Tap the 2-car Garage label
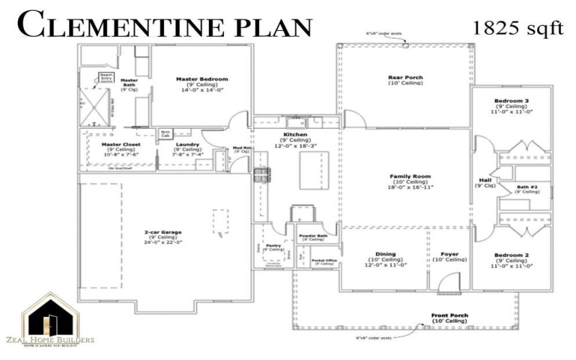[162, 232]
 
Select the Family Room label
[410, 176]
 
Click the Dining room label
[386, 254]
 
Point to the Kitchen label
[295, 135]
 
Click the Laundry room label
[187, 144]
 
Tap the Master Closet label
[120, 144]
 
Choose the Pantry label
[274, 245]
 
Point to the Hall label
[485, 180]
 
